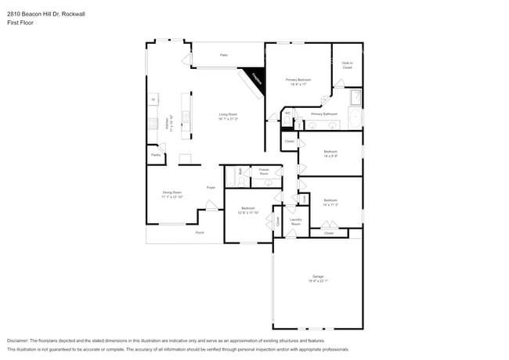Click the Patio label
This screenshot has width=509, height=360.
pos(223,55)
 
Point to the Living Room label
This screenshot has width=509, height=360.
pos(228,114)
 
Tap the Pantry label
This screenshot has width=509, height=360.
pos(156,155)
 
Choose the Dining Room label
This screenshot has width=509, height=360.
pos(172,192)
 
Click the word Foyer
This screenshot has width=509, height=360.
pos(211,188)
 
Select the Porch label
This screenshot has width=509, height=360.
pos(200,232)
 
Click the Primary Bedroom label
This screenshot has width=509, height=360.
pos(298,79)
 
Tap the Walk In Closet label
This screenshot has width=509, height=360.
pos(347,65)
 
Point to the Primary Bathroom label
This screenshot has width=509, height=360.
pos(323,113)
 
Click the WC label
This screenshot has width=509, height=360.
pos(287,113)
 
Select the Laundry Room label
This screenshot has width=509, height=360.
pos(296,221)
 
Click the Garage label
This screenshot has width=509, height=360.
pos(318,276)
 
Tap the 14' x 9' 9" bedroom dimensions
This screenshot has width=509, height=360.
pos(330,156)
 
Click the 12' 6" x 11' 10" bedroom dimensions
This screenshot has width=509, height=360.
pos(248,211)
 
